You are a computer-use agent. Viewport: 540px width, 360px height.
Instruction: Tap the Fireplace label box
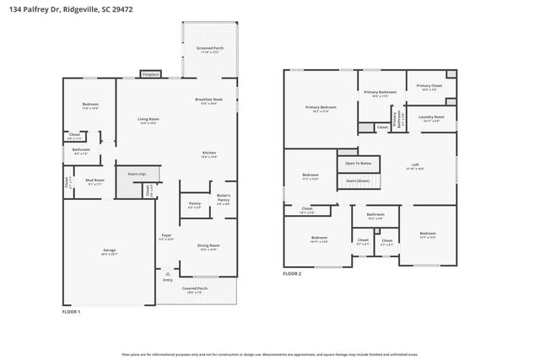coord(152,74)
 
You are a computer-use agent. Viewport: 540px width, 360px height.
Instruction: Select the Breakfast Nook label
coord(209,101)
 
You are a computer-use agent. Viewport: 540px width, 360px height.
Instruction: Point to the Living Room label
coord(148,121)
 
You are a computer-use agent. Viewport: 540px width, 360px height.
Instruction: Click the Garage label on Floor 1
coord(110,250)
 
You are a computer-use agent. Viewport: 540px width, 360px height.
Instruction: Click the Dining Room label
coord(208,247)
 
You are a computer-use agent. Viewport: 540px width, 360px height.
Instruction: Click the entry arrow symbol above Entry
coord(168,273)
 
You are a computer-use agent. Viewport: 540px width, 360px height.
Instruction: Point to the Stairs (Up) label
coord(137,174)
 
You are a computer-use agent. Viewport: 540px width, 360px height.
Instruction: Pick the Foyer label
coord(167,236)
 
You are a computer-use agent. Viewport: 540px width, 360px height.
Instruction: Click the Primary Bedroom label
coord(321,108)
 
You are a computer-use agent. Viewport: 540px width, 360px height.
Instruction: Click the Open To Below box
coord(359,163)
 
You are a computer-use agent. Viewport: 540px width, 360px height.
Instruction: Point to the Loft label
coord(415,165)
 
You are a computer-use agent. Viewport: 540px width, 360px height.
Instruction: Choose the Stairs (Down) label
coord(359,180)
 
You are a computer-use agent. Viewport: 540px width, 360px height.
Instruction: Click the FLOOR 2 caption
coord(292,274)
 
